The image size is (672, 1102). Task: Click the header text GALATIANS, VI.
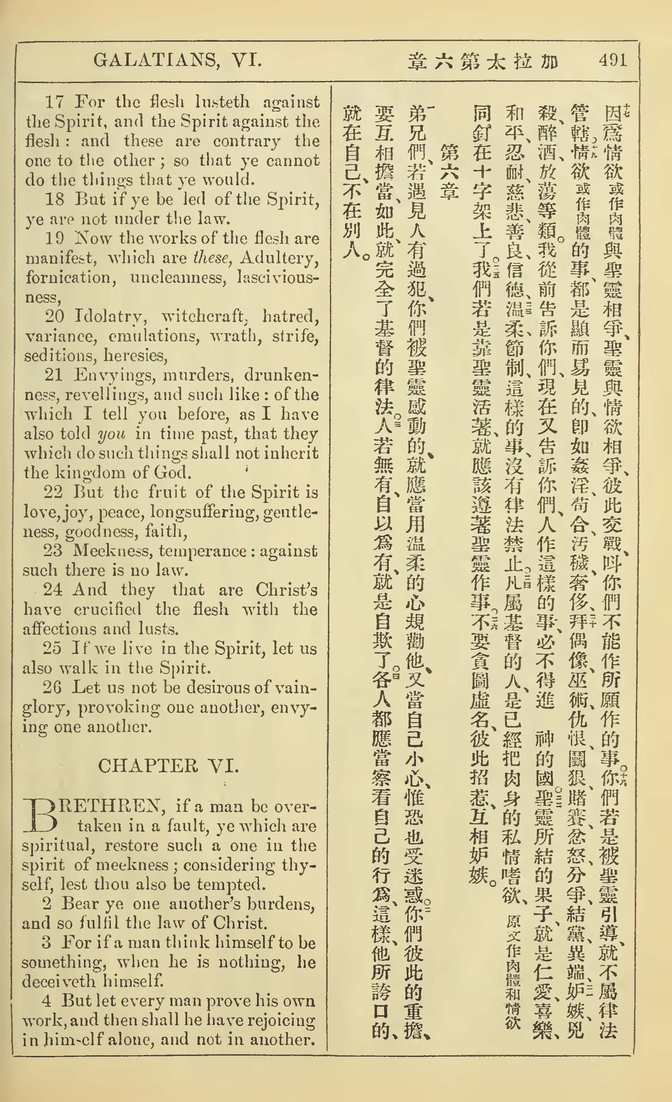point(177,61)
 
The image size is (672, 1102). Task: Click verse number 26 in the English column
point(52,687)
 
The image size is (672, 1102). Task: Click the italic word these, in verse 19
point(212,258)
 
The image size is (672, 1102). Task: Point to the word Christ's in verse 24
point(286,590)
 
